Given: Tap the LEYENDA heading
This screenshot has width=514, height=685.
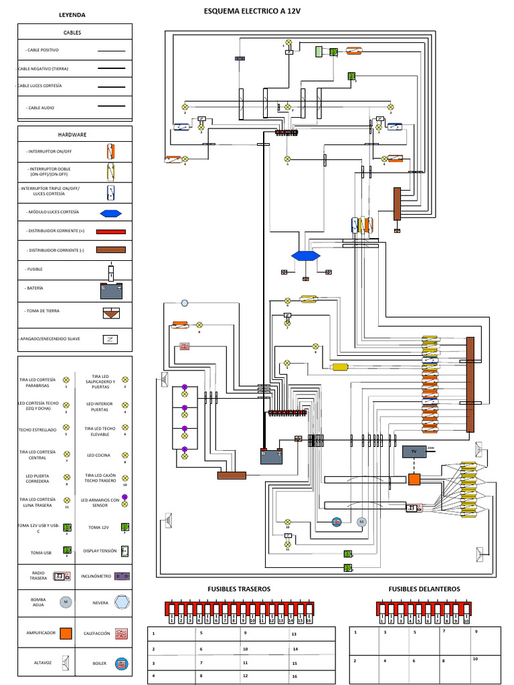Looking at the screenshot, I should coord(72,15).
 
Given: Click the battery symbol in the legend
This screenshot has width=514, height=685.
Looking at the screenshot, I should coord(112,290).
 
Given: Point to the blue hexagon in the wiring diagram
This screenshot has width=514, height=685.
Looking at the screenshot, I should coord(306,256).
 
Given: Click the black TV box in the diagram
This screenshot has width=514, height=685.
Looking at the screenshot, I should coord(412,452).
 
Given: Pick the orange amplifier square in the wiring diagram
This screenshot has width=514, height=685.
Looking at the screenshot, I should coord(415,480).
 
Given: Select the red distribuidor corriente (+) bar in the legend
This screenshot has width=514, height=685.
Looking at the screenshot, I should coord(112,231).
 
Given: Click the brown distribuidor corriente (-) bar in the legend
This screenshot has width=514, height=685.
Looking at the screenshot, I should coord(112,250).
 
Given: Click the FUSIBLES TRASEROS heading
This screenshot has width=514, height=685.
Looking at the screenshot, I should coord(239,589).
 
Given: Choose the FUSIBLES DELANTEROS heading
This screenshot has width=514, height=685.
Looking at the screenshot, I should coord(424,589).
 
